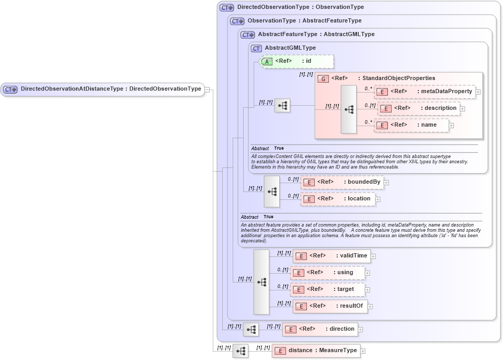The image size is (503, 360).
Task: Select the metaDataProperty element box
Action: point(424,92)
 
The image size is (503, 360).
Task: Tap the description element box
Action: point(419,108)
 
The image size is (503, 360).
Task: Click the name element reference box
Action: point(411,125)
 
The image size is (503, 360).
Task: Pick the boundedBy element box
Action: point(342,182)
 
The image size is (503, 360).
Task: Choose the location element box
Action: point(338,199)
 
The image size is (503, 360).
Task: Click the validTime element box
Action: point(331,256)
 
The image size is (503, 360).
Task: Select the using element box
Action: point(328,273)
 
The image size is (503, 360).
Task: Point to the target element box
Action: point(328,289)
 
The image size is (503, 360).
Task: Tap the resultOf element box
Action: point(330,306)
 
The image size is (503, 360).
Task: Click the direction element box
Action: point(319,329)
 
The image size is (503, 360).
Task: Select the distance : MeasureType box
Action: point(316,351)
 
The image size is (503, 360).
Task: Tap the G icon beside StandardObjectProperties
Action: point(323,78)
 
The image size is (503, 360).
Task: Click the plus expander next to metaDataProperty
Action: point(478,92)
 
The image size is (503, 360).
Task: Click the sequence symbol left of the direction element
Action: point(251,329)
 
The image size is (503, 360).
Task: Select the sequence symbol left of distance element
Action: point(241,351)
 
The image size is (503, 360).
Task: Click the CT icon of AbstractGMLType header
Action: point(256,48)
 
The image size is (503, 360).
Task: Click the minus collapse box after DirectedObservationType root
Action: point(207,89)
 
